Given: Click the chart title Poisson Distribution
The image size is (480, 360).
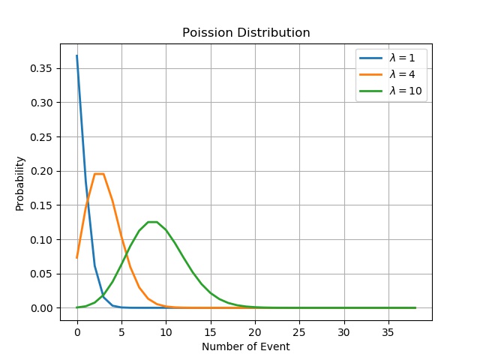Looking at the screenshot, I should (246, 33).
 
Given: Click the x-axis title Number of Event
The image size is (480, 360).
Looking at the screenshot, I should (246, 346).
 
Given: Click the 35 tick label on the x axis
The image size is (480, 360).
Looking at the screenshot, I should (388, 331).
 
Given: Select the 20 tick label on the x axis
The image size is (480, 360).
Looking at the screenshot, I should (255, 331).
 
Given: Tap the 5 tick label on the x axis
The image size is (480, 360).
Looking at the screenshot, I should (121, 331).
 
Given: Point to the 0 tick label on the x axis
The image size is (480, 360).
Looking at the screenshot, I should (77, 331).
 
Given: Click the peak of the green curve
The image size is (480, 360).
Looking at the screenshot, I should (152, 222).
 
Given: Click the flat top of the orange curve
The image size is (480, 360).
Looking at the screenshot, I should (99, 174).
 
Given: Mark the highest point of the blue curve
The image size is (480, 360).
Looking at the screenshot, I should (77, 55).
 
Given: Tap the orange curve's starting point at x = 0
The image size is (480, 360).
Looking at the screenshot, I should (77, 257).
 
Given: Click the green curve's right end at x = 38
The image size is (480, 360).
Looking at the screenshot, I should (415, 307).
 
